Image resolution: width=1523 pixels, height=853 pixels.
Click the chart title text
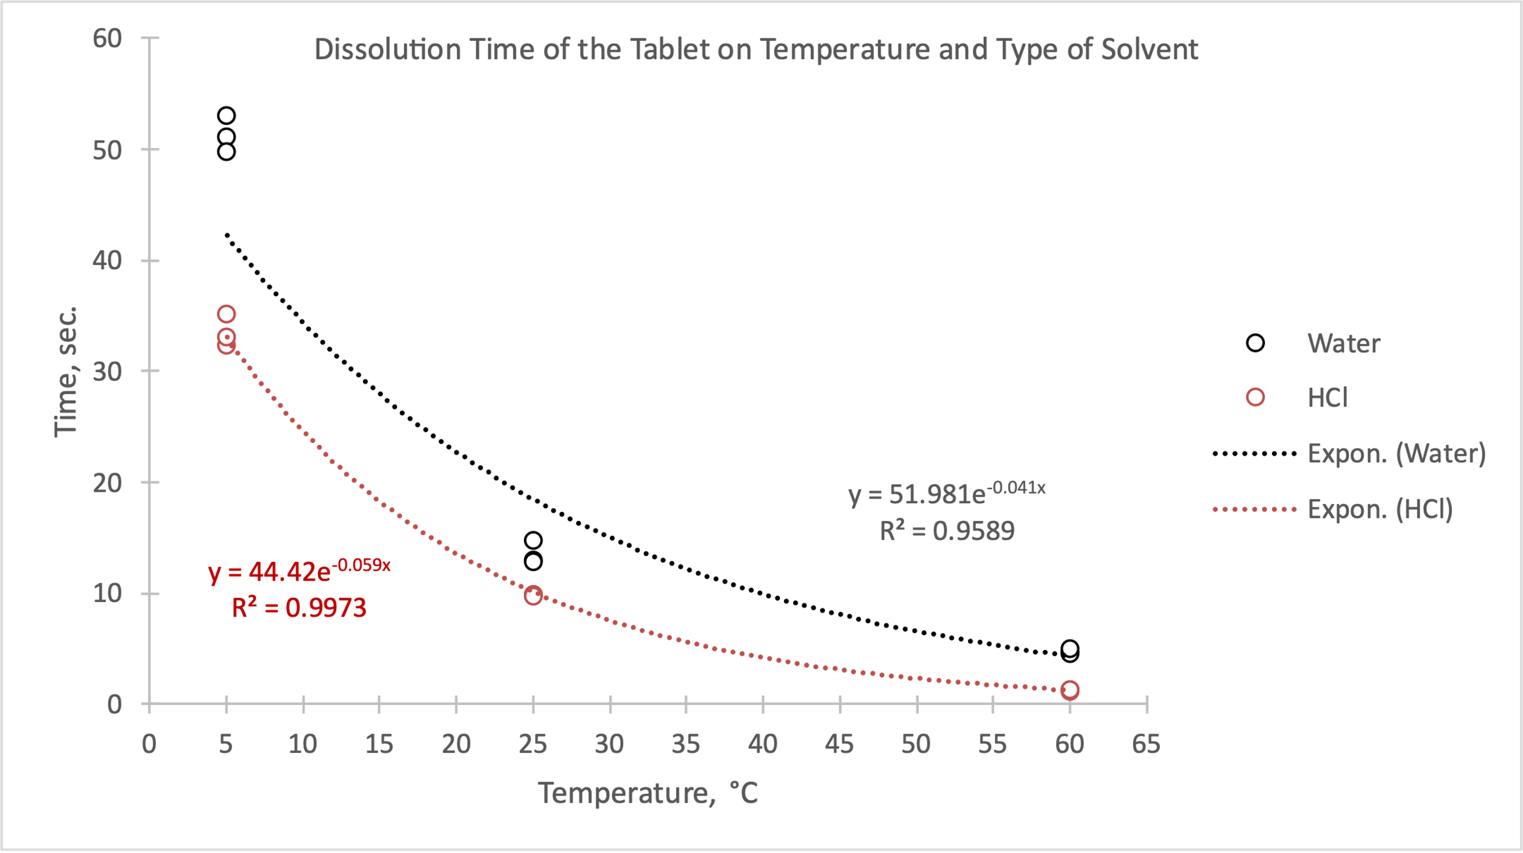[755, 50]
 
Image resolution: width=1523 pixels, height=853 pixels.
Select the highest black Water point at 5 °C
[226, 116]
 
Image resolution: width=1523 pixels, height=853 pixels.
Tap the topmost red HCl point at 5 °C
[226, 314]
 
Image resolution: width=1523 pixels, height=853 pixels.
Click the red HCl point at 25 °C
[533, 595]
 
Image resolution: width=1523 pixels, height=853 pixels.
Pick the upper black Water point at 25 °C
[533, 540]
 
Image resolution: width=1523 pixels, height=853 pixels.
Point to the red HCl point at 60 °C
[1070, 690]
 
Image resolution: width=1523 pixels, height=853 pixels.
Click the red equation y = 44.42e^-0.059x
[299, 571]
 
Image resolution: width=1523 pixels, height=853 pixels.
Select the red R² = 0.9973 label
[299, 608]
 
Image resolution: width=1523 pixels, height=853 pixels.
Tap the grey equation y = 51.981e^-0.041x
[947, 493]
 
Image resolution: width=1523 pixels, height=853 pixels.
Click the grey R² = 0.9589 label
[947, 531]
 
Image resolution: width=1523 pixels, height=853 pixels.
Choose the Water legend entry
[1343, 344]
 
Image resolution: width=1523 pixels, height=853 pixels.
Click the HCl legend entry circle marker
[1255, 397]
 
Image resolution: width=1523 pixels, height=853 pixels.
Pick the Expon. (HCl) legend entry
[1380, 509]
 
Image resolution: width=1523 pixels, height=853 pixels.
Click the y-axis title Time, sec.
[66, 372]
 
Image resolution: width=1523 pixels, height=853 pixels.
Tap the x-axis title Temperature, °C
[648, 793]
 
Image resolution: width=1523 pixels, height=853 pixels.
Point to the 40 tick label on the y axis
[107, 261]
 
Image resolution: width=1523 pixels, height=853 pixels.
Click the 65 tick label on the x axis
[1146, 745]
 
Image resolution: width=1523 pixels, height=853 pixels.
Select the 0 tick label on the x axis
[149, 745]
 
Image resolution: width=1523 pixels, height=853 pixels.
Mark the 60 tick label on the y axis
[107, 39]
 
